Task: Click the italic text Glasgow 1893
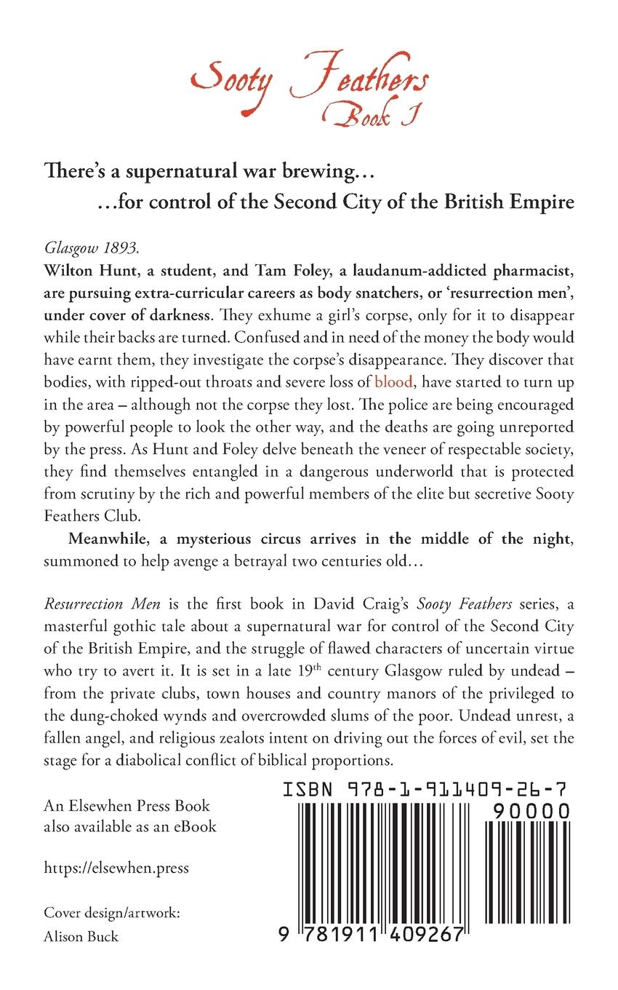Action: pos(79,245)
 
